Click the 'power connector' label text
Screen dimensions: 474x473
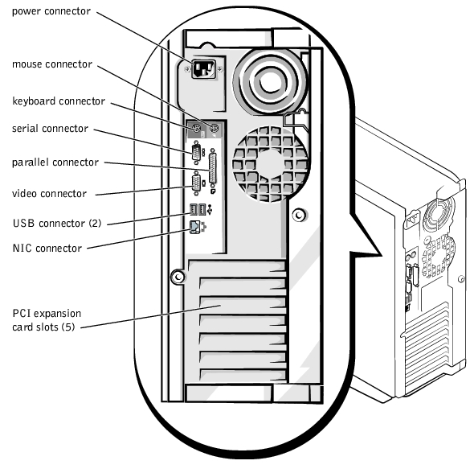(x=51, y=11)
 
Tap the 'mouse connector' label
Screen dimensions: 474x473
(x=52, y=64)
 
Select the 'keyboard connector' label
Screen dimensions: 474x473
(x=59, y=101)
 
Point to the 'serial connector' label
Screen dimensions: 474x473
(x=50, y=129)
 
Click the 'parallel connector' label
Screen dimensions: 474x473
(x=55, y=162)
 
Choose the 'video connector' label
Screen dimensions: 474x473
(x=49, y=194)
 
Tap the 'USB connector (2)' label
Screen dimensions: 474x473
(x=57, y=224)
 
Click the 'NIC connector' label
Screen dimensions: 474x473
(x=47, y=248)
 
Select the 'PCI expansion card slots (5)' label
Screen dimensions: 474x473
(x=47, y=320)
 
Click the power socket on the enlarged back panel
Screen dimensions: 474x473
(x=204, y=69)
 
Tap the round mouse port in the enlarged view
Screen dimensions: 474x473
(x=214, y=129)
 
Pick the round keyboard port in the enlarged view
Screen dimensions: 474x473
(x=197, y=129)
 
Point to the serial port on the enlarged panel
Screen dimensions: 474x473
(x=196, y=152)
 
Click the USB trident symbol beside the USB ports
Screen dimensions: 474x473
(x=210, y=209)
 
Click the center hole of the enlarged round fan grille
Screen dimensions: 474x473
(x=271, y=164)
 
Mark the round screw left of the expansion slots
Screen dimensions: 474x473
(x=178, y=277)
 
